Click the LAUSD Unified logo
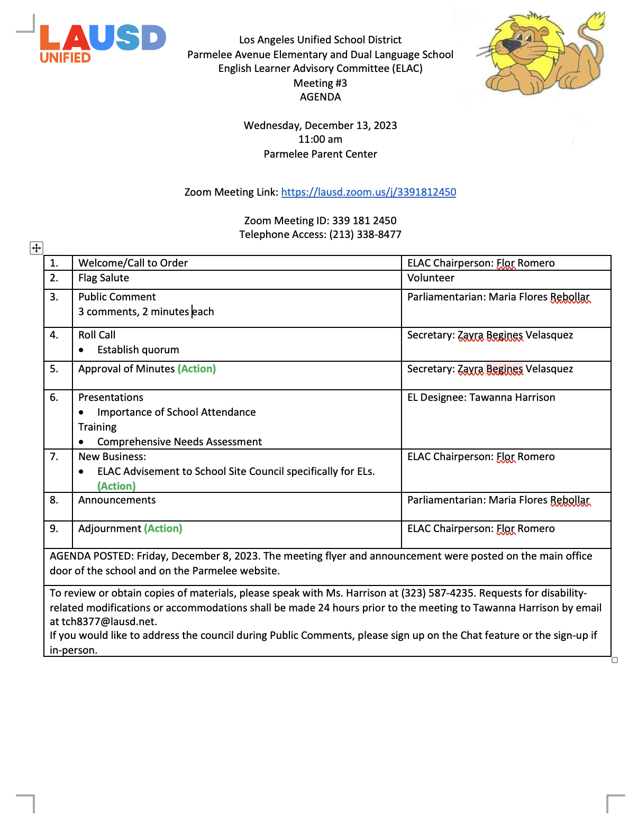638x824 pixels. click(x=103, y=43)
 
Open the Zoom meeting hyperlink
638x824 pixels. click(x=368, y=192)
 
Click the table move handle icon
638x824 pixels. click(x=37, y=248)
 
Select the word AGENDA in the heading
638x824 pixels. click(x=320, y=97)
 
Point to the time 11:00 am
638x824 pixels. click(x=320, y=139)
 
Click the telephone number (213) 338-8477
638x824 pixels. click(x=366, y=234)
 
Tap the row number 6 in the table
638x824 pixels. click(x=54, y=397)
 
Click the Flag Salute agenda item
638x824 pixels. click(x=104, y=278)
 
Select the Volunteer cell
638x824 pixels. click(x=431, y=278)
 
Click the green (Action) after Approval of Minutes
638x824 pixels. click(x=197, y=369)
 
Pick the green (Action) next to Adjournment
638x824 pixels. click(x=163, y=528)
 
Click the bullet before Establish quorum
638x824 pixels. click(x=81, y=350)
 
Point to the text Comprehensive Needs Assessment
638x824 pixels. click(x=179, y=442)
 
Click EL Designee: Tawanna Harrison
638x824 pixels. click(x=481, y=397)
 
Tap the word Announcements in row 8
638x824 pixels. click(x=117, y=500)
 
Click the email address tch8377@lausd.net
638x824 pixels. click(x=109, y=621)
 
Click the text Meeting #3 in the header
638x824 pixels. click(x=320, y=83)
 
